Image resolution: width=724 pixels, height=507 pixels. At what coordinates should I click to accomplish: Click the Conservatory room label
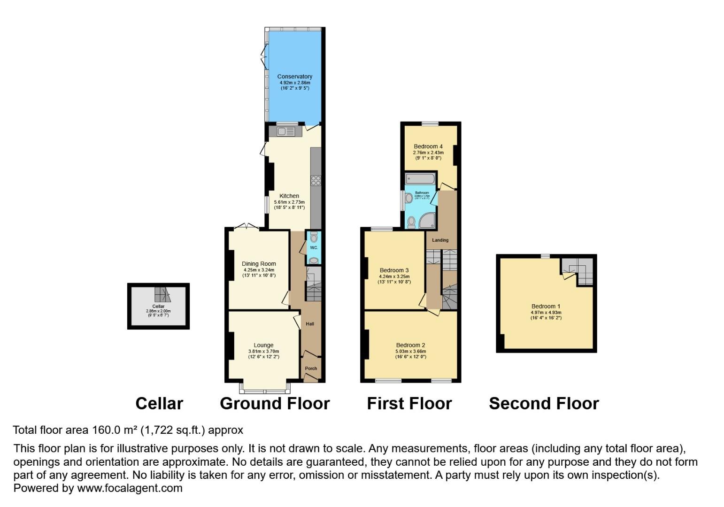294,77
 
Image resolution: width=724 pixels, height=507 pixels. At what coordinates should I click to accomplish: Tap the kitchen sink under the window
285,131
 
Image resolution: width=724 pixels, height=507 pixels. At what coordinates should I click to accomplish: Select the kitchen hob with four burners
316,181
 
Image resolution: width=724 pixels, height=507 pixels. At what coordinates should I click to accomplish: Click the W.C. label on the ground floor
314,247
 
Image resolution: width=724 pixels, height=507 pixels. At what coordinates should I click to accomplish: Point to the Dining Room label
259,264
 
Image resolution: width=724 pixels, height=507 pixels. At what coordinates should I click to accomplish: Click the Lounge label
263,345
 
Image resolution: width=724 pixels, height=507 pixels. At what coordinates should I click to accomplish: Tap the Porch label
311,369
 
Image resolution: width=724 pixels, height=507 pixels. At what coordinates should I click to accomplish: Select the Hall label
310,324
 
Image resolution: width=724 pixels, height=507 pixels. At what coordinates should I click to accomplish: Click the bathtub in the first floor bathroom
421,178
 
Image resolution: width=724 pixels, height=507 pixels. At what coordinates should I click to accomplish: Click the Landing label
440,240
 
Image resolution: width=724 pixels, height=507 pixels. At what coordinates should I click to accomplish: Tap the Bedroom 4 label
428,146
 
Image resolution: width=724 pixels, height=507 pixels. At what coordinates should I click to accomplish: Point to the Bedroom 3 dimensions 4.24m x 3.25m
394,277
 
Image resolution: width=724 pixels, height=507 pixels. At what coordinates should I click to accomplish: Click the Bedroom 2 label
410,345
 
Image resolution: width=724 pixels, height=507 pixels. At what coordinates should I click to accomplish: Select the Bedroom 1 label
546,306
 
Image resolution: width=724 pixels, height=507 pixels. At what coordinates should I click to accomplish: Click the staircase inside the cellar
162,295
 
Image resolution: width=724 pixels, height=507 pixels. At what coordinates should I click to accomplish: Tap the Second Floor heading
544,404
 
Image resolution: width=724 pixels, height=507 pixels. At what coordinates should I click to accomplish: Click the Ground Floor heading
275,404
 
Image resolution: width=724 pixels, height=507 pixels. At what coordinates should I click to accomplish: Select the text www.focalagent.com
130,488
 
